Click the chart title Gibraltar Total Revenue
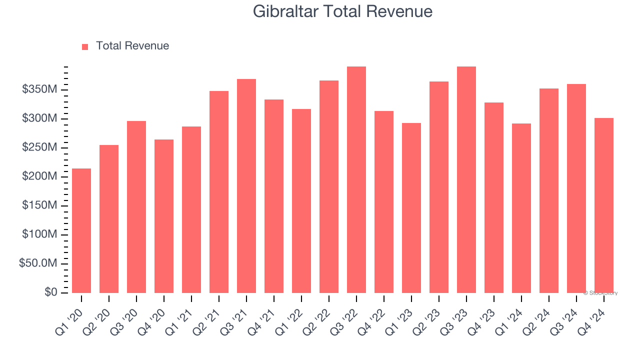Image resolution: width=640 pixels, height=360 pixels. pos(342,11)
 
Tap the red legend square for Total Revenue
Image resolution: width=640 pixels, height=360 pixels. pos(85,46)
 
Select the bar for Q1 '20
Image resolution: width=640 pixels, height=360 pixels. pos(81,230)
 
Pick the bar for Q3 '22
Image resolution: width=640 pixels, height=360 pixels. pos(356,179)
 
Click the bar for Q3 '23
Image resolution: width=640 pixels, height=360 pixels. pos(466,179)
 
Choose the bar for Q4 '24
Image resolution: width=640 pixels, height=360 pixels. pos(603,205)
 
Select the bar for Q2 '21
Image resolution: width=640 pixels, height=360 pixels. pos(219,192)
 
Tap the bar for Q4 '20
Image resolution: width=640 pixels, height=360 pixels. pos(164,216)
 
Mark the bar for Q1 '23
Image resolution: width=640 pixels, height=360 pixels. pos(411,208)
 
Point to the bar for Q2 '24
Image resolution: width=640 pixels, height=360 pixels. pos(549,190)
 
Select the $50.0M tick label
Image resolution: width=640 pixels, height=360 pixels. pos(38,263)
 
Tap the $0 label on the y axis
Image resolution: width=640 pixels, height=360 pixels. pos(50,292)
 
